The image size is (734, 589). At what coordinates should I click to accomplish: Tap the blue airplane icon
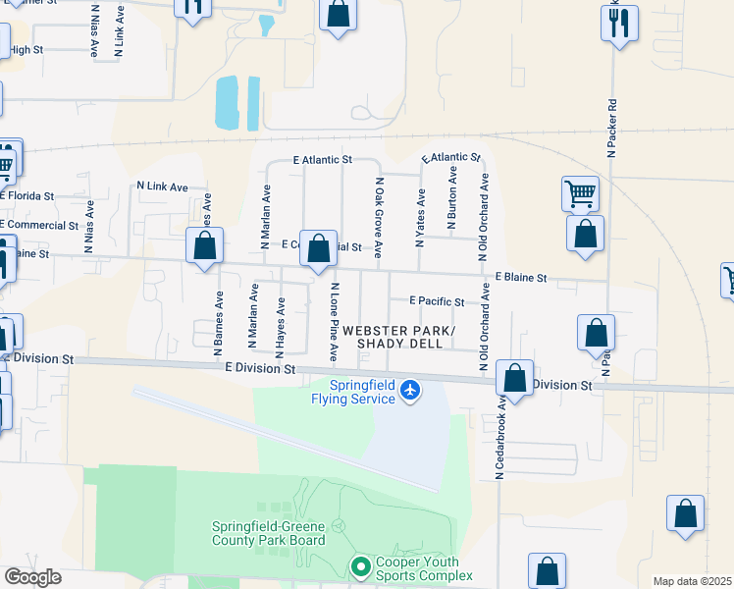410,392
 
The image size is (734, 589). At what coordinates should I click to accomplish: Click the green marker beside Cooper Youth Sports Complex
360,566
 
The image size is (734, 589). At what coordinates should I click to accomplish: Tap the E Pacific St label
437,301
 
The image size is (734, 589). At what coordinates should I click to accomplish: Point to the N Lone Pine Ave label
335,320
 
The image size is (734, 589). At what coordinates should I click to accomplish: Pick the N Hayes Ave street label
280,327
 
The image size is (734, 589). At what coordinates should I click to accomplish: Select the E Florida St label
26,195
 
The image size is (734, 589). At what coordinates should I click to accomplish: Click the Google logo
32,577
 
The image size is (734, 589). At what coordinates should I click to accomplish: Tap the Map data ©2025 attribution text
692,581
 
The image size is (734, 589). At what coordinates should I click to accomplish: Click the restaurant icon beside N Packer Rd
619,24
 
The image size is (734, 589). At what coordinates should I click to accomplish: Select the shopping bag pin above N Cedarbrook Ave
514,377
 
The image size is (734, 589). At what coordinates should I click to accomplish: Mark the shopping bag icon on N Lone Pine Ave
318,248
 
